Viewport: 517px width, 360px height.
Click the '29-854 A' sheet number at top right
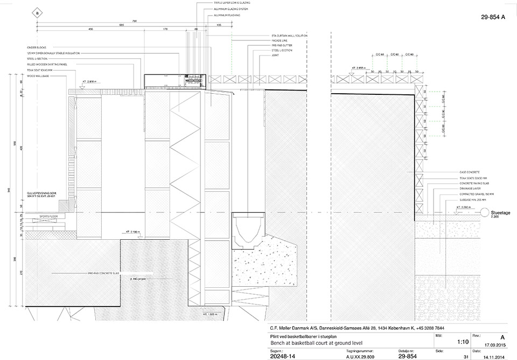[x=493, y=17]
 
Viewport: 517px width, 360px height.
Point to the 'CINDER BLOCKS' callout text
[x=43, y=48]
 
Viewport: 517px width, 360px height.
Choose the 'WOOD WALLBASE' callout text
[x=45, y=75]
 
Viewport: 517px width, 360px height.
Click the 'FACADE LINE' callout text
[x=281, y=40]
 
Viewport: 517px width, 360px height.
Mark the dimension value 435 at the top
[x=90, y=29]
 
